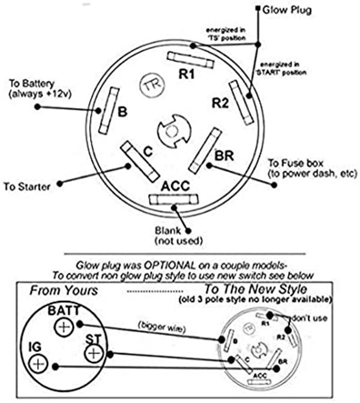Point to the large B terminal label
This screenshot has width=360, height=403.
(x=122, y=112)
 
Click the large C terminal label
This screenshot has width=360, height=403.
(x=148, y=152)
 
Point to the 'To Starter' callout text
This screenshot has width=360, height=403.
(x=27, y=186)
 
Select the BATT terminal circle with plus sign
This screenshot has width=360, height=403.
(x=64, y=327)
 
